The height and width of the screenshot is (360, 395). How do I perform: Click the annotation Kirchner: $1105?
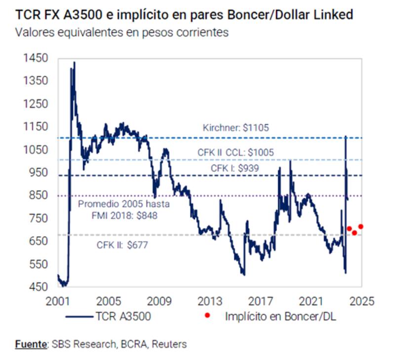click(x=236, y=128)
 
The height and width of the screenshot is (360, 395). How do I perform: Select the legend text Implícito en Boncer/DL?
click(x=280, y=317)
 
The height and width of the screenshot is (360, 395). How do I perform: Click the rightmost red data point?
click(x=361, y=227)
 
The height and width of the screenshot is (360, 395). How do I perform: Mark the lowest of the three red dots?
click(x=355, y=233)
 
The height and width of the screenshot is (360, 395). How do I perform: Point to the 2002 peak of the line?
click(x=74, y=62)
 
